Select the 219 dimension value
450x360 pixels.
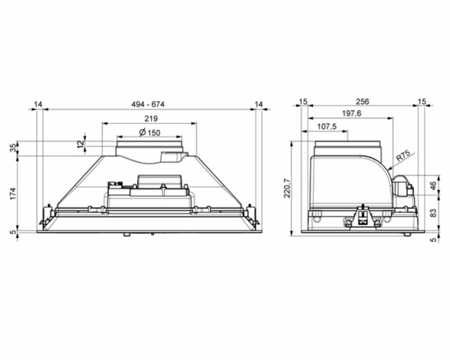(151, 118)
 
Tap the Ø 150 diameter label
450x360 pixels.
(150, 132)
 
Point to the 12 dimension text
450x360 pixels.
(82, 143)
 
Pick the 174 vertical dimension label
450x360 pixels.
(14, 194)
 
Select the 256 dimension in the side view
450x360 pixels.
(363, 102)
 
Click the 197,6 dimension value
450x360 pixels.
(352, 113)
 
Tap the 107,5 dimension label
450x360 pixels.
(327, 126)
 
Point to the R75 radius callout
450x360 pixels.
(403, 156)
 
